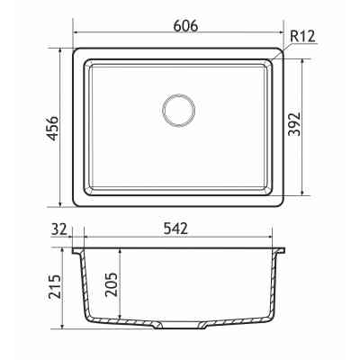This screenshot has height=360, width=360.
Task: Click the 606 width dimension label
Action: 186,26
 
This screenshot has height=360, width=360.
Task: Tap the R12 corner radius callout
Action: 302,37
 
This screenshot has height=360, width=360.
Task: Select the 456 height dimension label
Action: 53,128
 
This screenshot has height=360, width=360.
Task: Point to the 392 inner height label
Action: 294,124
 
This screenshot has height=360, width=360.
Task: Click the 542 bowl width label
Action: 175,229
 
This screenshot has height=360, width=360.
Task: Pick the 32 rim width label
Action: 59,229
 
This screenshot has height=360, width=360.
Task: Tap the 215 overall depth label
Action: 55,286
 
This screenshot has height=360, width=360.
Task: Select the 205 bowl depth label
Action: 112,284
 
